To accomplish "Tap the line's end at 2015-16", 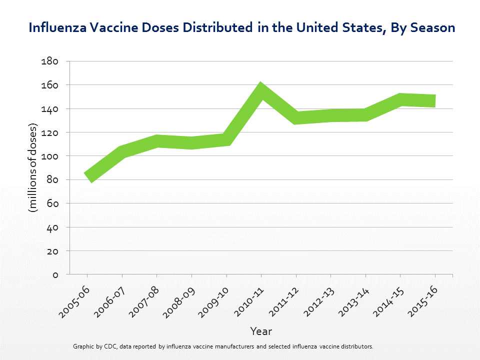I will [x=434, y=100].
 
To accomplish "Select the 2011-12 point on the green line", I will [x=296, y=117].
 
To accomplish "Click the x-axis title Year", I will [x=261, y=331].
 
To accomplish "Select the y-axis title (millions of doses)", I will [x=33, y=167].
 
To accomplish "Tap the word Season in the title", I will [x=432, y=27].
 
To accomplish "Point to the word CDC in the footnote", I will [x=110, y=346].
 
